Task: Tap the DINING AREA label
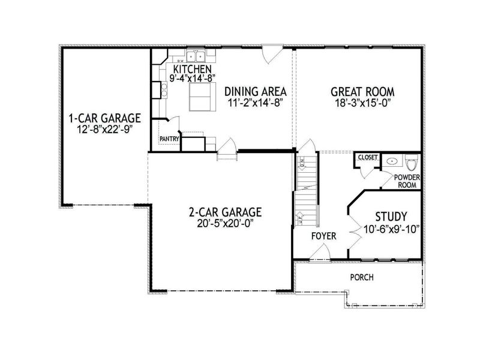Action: [x=254, y=92]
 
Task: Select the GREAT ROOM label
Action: [x=362, y=92]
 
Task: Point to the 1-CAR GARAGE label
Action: [x=105, y=117]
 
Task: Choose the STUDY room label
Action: [x=391, y=216]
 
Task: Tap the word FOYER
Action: [x=323, y=236]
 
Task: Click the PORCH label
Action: [x=362, y=278]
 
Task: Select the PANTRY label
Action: [x=169, y=139]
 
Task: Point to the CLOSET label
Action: [x=367, y=157]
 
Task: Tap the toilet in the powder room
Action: [x=412, y=163]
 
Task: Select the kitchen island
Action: [x=202, y=97]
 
